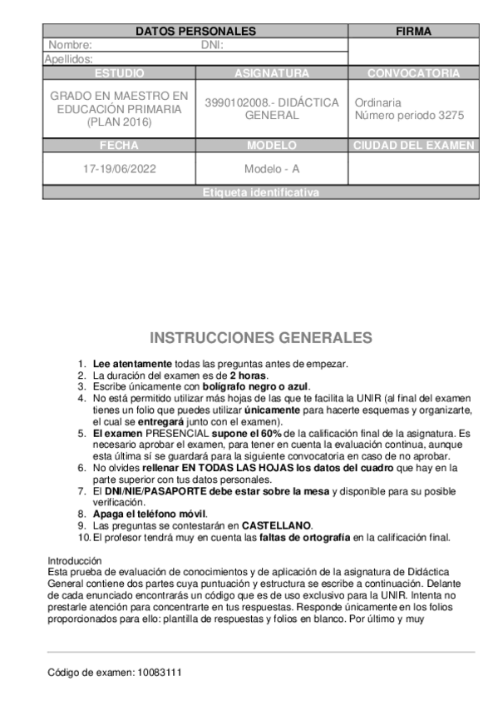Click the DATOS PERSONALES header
[195, 32]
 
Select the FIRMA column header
[413, 32]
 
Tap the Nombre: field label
[71, 45]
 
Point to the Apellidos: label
[68, 59]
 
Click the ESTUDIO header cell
[120, 73]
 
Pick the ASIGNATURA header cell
[272, 73]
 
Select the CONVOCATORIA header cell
[413, 73]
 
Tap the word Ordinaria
[379, 102]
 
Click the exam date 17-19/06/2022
[120, 168]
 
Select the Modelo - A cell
[272, 168]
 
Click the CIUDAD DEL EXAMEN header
[413, 145]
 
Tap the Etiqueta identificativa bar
[260, 193]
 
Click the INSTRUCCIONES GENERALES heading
[261, 338]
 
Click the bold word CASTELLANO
[277, 525]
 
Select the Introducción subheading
[73, 559]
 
